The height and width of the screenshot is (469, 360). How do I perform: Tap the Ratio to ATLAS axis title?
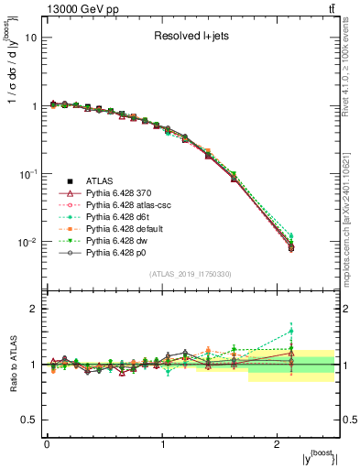12,363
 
